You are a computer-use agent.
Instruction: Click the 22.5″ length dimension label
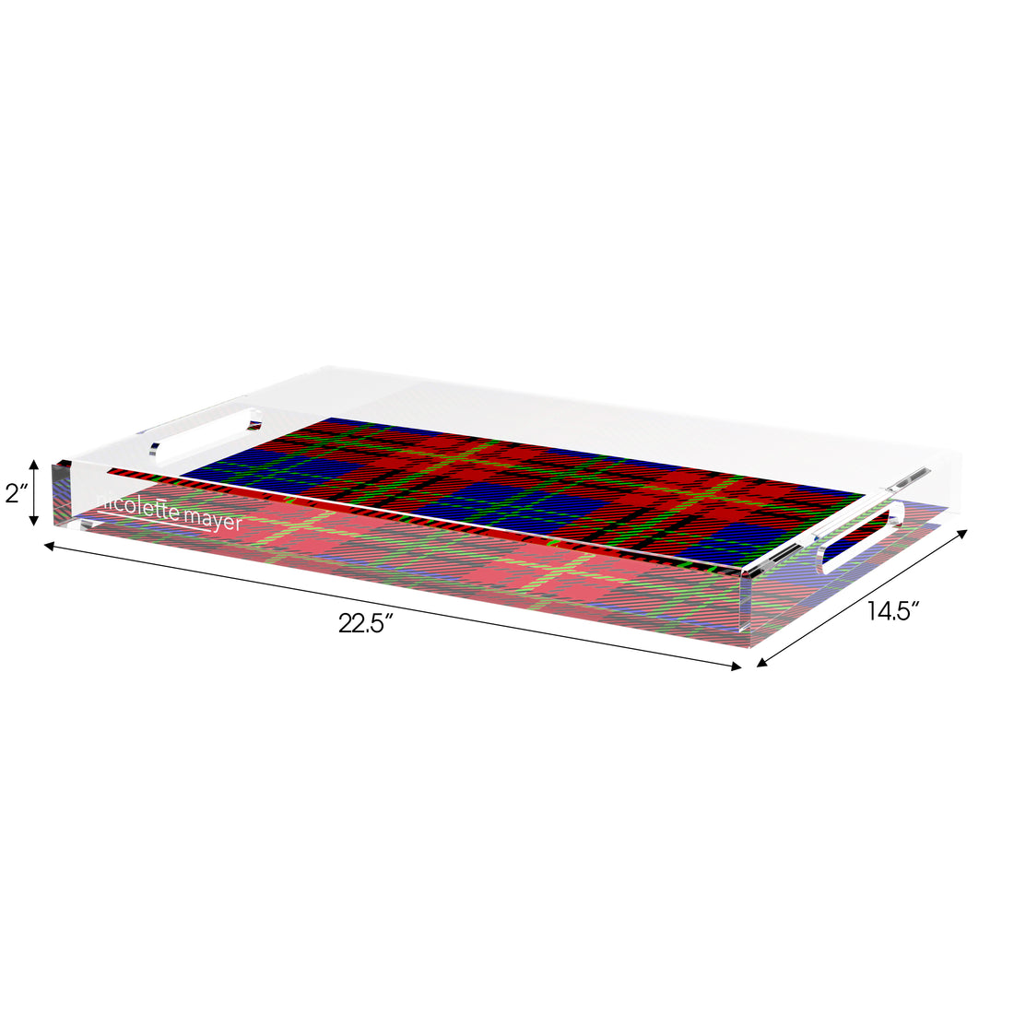tap(366, 624)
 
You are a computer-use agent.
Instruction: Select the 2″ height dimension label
tap(16, 493)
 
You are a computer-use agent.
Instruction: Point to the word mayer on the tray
tap(212, 521)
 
